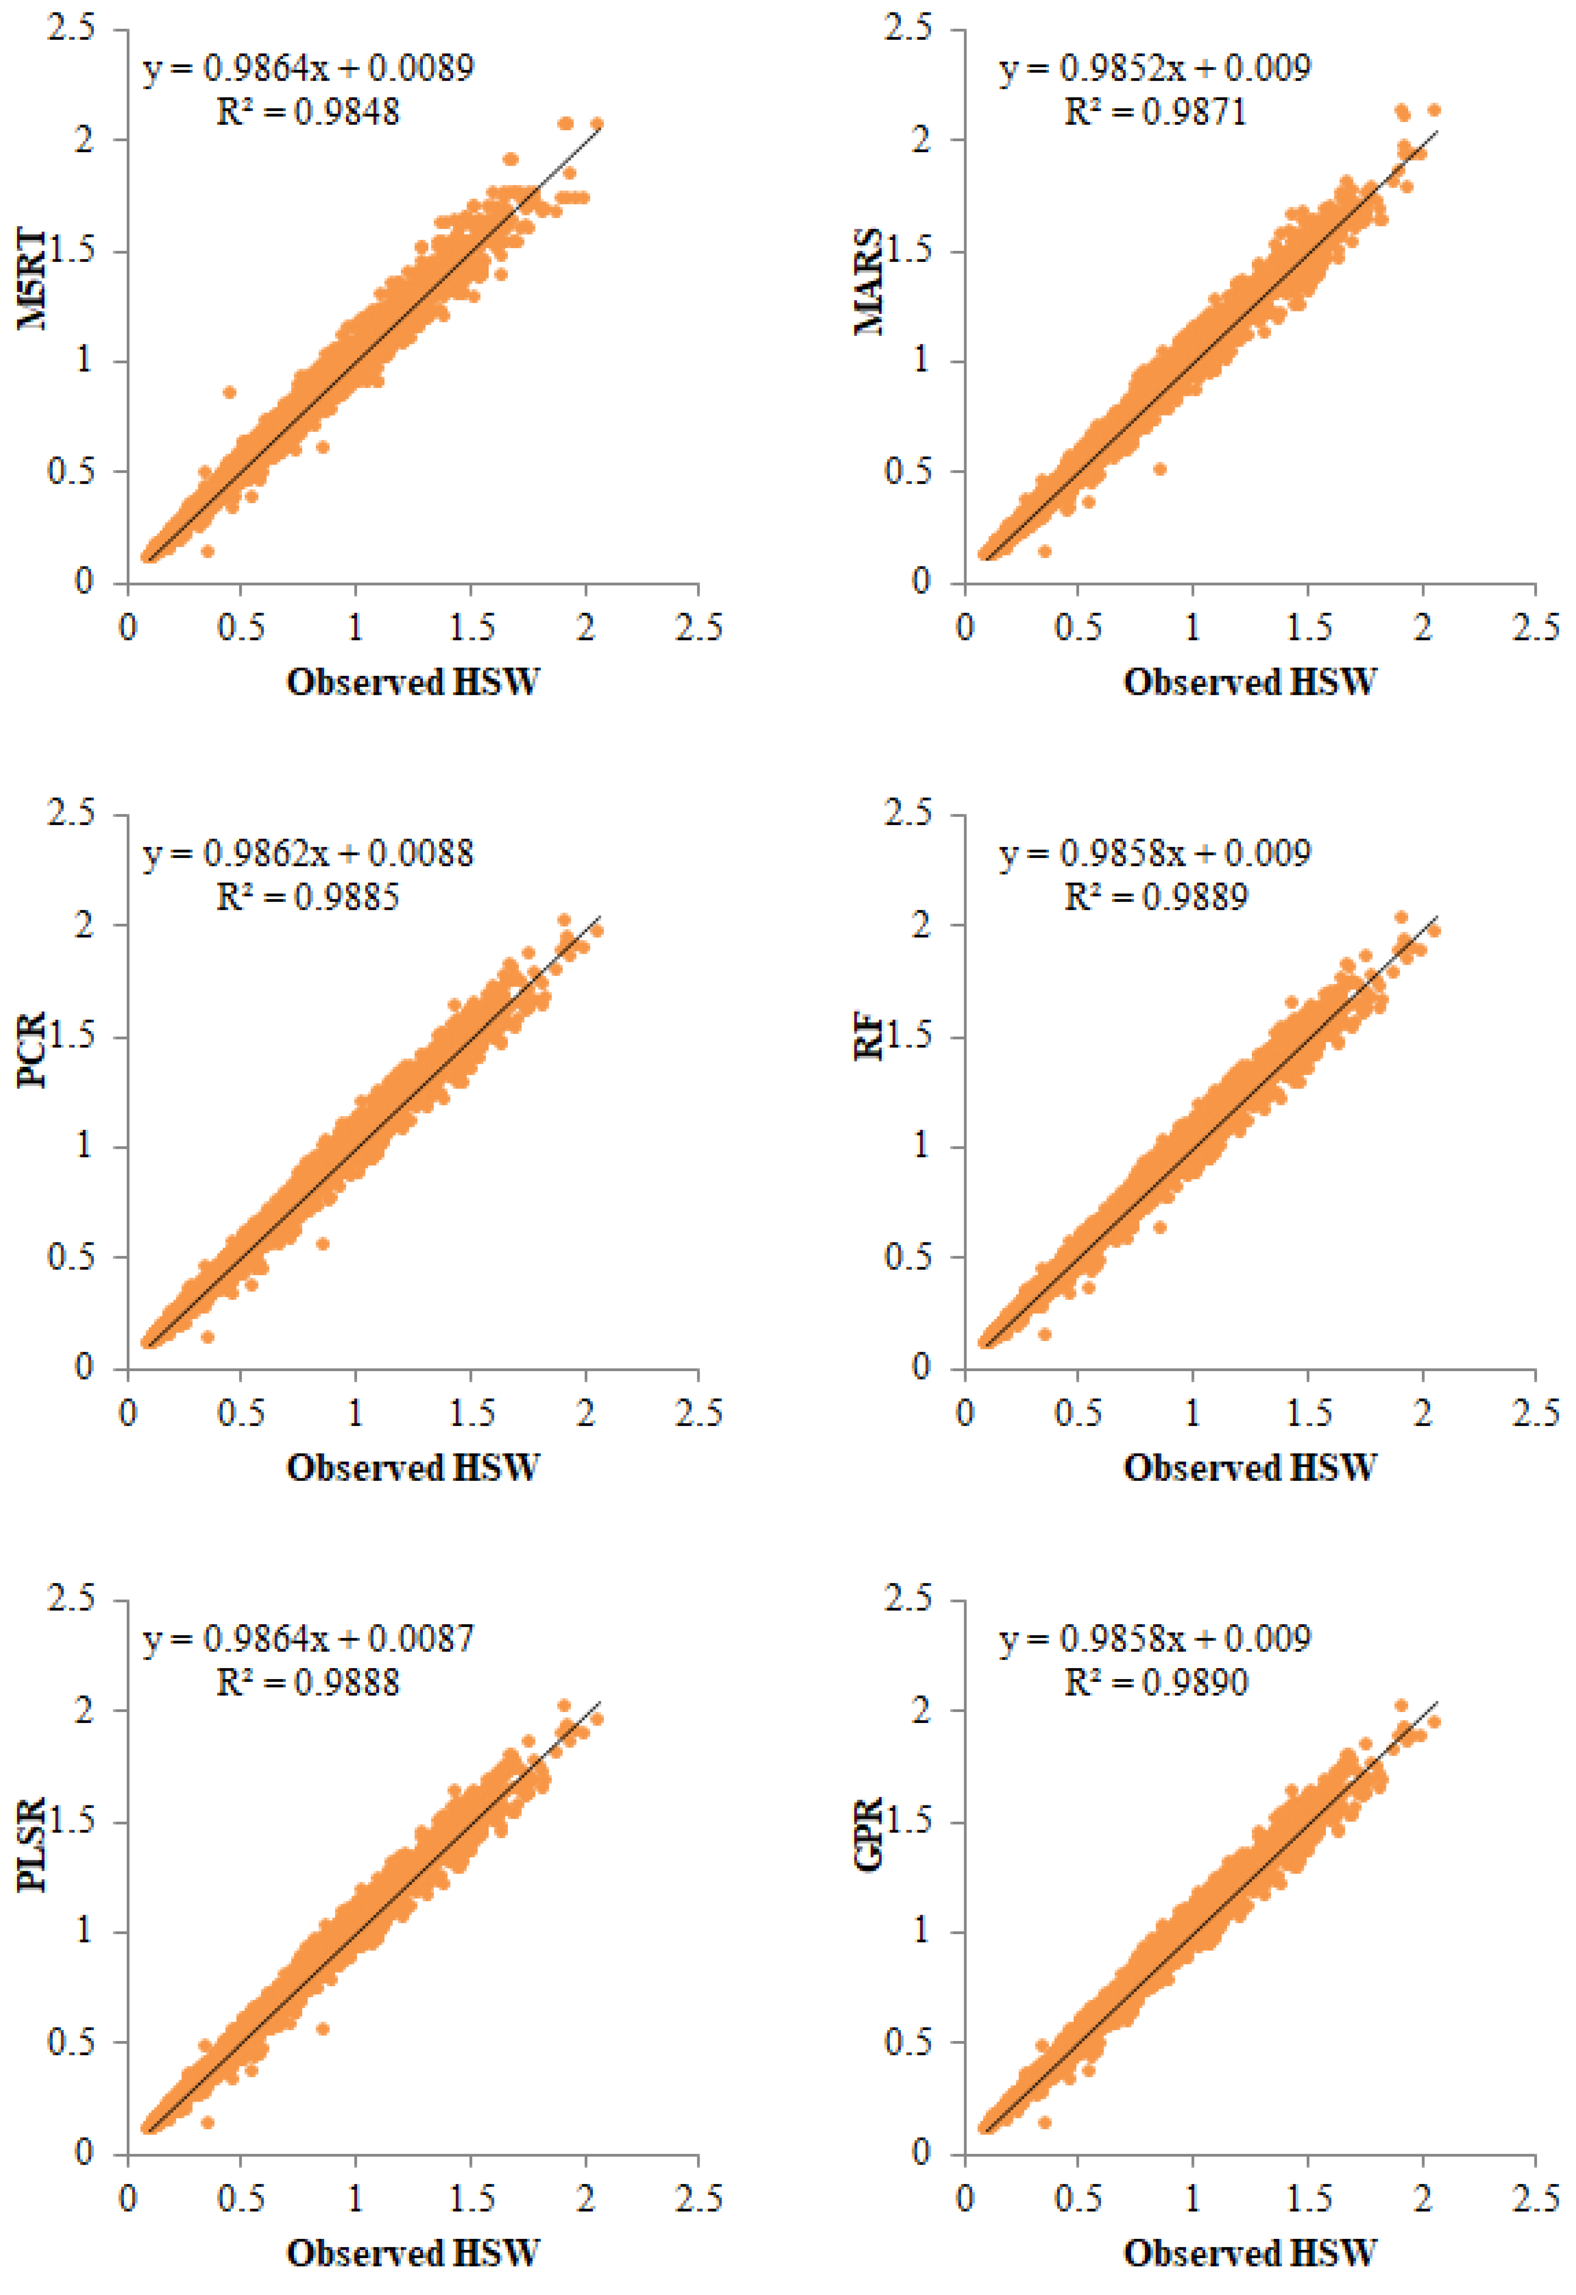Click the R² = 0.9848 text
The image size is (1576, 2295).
(x=308, y=111)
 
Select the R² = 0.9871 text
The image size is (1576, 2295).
(x=1155, y=111)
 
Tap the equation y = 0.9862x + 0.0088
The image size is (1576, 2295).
(x=308, y=853)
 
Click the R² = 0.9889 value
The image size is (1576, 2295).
(x=1155, y=897)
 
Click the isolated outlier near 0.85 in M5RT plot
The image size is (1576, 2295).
(x=229, y=392)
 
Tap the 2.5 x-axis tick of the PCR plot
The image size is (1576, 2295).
(x=698, y=1413)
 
